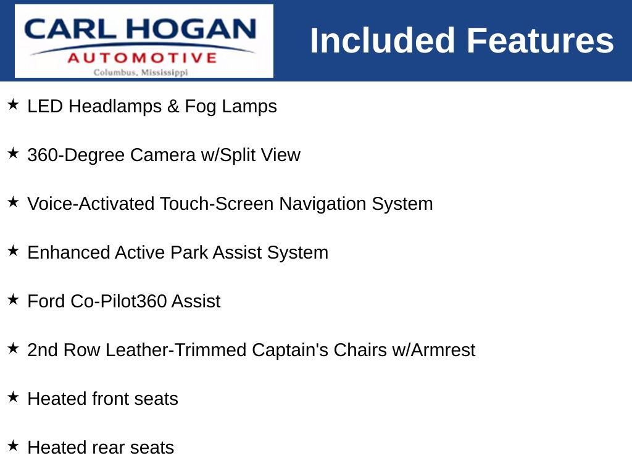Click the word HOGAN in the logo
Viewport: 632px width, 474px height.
pos(191,29)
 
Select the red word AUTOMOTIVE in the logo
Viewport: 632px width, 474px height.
pos(142,58)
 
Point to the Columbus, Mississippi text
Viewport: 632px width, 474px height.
pos(141,73)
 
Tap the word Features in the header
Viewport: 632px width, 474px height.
pos(540,40)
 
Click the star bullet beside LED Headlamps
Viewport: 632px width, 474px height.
pos(13,104)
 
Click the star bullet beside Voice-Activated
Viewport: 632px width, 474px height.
pos(13,202)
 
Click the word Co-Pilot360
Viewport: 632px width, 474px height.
pos(118,301)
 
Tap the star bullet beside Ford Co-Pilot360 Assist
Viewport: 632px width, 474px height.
pos(13,299)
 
